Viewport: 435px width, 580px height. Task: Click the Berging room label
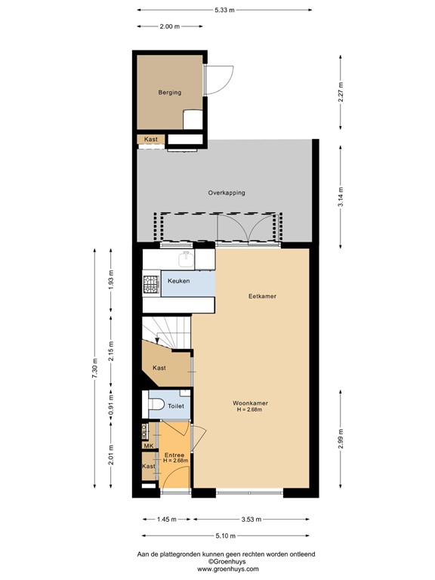point(169,93)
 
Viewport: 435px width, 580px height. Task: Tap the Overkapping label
point(227,193)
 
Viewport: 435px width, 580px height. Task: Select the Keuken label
point(178,281)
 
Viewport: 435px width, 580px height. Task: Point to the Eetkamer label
point(262,296)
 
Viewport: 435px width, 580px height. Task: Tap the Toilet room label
point(176,406)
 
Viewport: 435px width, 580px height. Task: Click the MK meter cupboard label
point(148,446)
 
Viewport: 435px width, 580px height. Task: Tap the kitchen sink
point(184,260)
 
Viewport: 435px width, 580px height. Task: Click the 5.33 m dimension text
point(224,10)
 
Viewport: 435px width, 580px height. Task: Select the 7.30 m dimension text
point(94,369)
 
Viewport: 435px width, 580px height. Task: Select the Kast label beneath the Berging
point(150,140)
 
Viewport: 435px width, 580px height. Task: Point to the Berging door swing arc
point(217,79)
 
